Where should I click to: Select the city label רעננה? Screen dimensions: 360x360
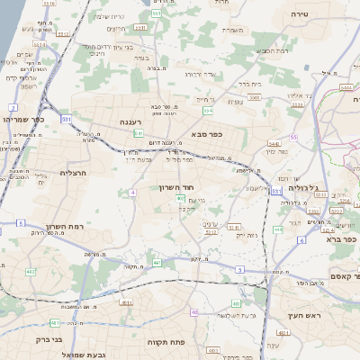(131, 121)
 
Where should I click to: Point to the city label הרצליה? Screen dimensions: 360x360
(72, 172)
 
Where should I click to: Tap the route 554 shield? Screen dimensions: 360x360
(208, 111)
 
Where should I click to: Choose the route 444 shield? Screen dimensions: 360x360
(278, 229)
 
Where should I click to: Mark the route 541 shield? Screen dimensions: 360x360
(139, 133)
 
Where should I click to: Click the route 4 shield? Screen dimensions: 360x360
(132, 193)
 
